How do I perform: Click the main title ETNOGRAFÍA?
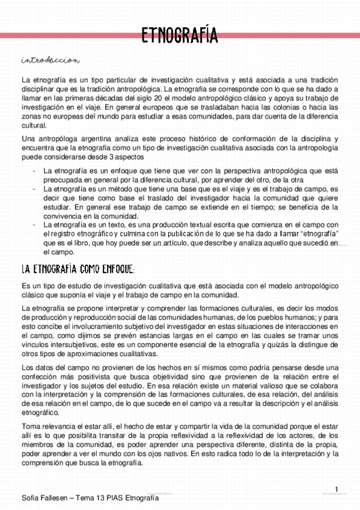pos(180,34)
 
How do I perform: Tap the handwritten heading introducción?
pos(49,60)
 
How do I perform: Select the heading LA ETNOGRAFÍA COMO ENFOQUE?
pos(79,268)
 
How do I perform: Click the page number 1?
pos(337,488)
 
